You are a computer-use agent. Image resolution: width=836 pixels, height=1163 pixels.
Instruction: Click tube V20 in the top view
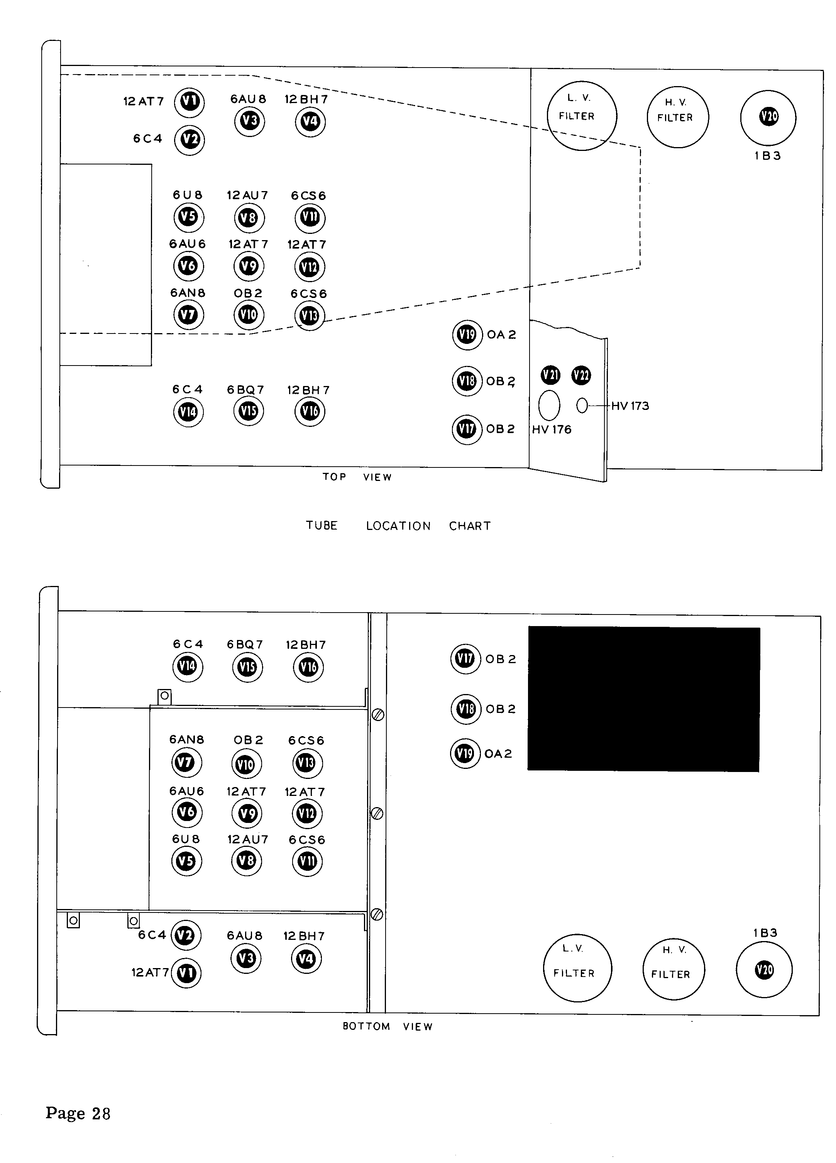point(768,117)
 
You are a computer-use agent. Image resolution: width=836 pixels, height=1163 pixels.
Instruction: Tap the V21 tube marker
point(550,375)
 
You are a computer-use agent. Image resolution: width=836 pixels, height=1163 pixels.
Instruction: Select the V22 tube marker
point(581,375)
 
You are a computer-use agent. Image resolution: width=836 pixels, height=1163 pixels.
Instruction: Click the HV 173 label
point(630,406)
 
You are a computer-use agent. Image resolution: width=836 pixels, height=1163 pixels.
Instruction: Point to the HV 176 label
point(551,430)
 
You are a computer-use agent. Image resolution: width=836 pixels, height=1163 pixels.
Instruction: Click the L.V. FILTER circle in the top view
point(582,115)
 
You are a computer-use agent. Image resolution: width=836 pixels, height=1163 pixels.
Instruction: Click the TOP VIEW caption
point(357,477)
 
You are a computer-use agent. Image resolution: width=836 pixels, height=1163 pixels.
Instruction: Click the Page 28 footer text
point(78,1113)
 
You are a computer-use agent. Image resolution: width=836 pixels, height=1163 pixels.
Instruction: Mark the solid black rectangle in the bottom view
point(644,699)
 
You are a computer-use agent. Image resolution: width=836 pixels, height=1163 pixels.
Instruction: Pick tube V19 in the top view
point(467,335)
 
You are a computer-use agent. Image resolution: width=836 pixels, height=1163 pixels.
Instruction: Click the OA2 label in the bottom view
point(498,754)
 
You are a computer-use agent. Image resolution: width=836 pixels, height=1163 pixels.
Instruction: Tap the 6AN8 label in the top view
point(188,293)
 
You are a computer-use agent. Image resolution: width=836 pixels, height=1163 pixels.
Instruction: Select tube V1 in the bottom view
point(186,973)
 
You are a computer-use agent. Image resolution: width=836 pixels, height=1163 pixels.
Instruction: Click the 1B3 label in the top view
point(768,156)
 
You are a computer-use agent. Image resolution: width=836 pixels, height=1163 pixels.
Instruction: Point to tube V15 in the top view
point(249,411)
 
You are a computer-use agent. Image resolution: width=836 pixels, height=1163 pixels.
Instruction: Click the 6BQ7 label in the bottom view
point(245,645)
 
